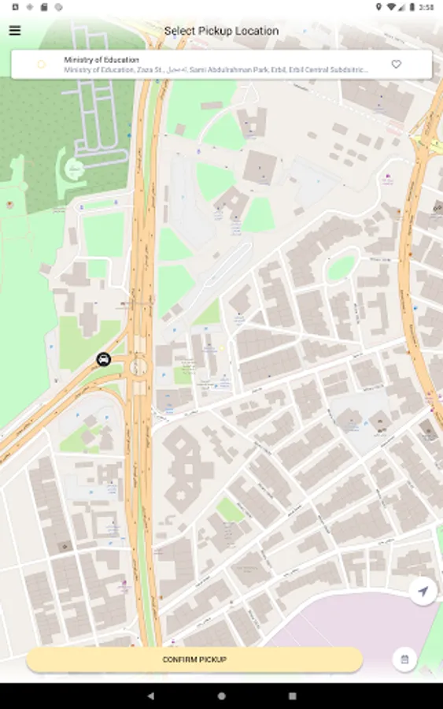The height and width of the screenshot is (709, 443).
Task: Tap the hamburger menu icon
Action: click(15, 31)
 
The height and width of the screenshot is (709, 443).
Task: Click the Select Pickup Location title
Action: click(221, 31)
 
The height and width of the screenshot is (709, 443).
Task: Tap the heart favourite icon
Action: click(397, 65)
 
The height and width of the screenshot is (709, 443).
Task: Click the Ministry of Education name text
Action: click(102, 60)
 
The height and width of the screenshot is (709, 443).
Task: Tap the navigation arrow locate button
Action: click(423, 592)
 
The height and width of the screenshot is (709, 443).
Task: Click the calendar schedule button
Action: click(404, 659)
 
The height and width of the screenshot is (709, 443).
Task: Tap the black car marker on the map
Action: click(103, 360)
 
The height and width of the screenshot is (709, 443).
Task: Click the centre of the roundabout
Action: click(138, 366)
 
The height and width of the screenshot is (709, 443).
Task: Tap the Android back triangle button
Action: click(150, 696)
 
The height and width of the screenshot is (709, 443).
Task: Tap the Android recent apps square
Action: click(293, 696)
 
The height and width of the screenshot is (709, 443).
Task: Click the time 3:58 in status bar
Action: click(426, 7)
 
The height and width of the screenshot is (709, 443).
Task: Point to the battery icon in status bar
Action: click(412, 7)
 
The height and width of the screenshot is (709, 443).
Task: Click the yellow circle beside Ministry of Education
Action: click(42, 65)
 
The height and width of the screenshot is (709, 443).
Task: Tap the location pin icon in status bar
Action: click(378, 7)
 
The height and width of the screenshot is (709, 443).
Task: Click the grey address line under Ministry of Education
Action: click(216, 70)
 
